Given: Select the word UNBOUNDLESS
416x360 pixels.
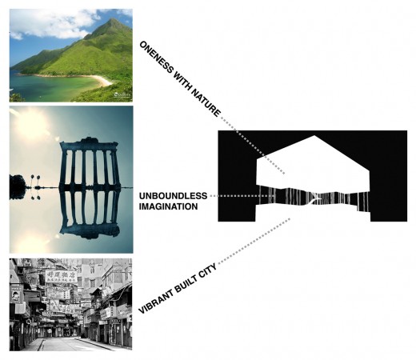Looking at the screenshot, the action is (173, 196).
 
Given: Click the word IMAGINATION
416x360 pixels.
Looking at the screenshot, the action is (168, 206).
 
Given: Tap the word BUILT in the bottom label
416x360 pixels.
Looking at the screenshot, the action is (188, 282).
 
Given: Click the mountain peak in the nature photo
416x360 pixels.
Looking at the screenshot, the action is (114, 20).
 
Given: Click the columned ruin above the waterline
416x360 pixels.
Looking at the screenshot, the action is (89, 162).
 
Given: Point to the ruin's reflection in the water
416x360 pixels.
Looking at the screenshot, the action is (89, 213).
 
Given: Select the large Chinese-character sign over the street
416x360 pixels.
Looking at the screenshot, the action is (61, 276).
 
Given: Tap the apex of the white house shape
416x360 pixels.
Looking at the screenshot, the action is (314, 135).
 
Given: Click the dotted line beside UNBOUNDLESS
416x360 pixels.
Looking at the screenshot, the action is (242, 196).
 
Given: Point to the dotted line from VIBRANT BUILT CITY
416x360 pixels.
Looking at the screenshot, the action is (254, 241).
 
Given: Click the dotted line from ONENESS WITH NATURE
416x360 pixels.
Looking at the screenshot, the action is (253, 146).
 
